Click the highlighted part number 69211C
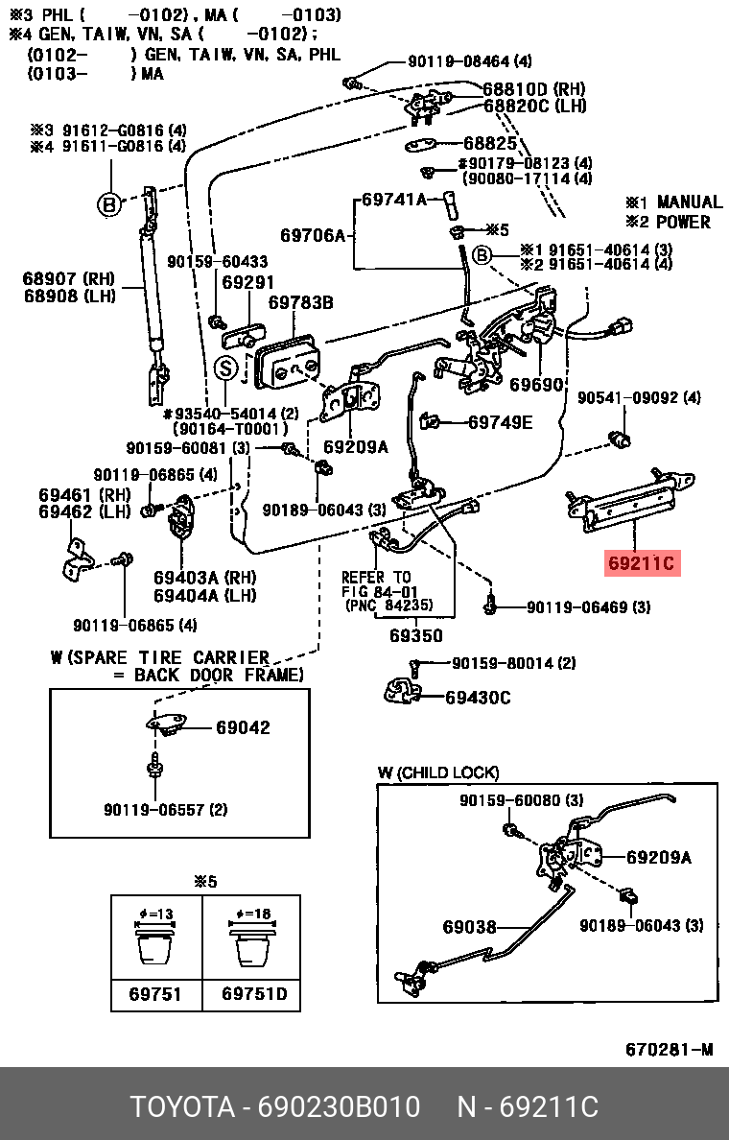642,563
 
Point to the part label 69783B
300,303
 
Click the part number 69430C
478,698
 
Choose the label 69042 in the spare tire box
243,727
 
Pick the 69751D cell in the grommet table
254,993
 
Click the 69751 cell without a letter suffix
155,993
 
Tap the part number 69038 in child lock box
469,927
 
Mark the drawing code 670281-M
670,1049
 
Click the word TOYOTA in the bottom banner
182,1107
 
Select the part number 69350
415,635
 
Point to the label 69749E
500,421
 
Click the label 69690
536,385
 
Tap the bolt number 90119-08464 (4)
469,61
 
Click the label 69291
248,283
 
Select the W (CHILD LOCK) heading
437,772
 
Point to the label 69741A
393,200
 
